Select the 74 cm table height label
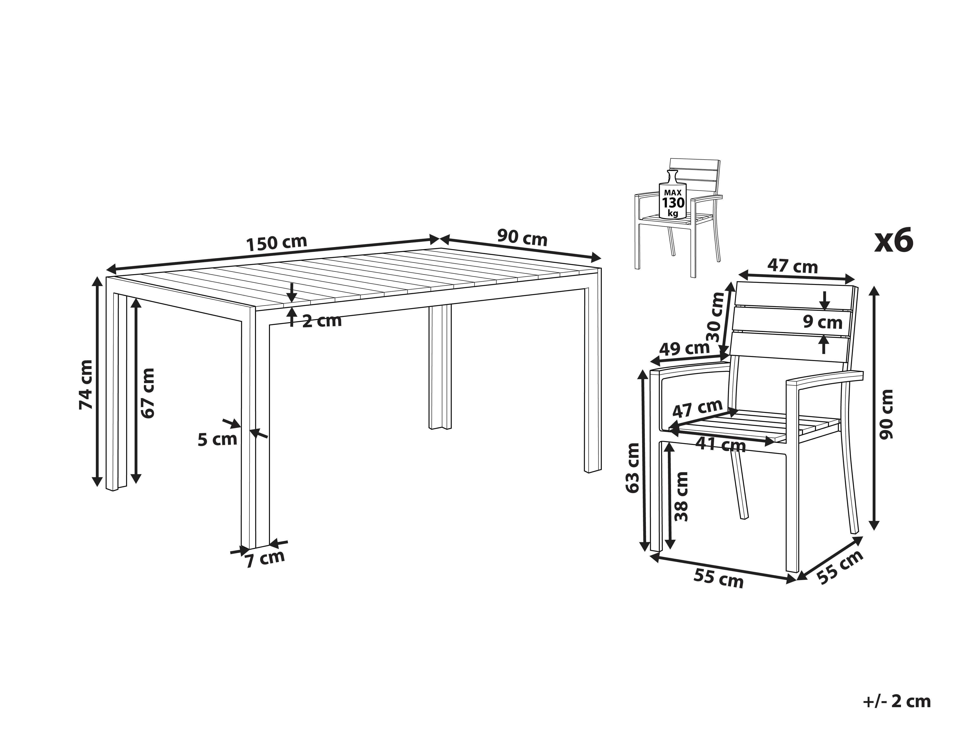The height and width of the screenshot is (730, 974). pyautogui.click(x=86, y=384)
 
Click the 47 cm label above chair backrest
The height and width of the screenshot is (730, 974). pyautogui.click(x=793, y=266)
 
